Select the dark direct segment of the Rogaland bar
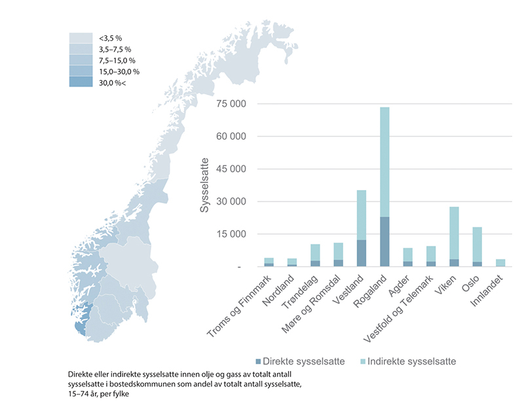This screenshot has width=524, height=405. pos(384,241)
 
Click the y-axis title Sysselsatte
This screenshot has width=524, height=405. pos(205,184)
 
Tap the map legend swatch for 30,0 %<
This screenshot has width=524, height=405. pos(83,83)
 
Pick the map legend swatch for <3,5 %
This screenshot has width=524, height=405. pos(83,38)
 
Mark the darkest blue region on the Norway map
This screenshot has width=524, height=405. pos(79,324)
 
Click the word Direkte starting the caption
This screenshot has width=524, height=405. pos(81,374)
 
